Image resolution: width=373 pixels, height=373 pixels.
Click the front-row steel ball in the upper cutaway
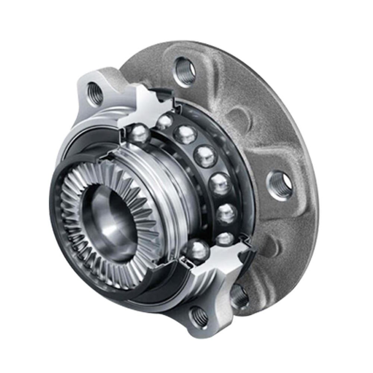pyautogui.click(x=139, y=134)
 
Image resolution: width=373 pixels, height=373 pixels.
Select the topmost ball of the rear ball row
pyautogui.click(x=164, y=122)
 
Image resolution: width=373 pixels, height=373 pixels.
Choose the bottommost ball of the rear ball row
pyautogui.click(x=225, y=239)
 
